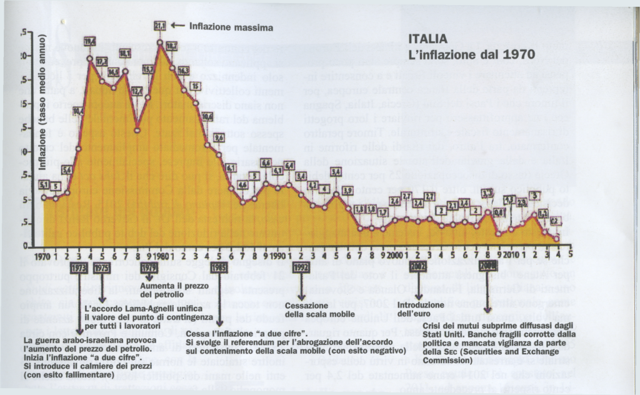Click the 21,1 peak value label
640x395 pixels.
[160, 26]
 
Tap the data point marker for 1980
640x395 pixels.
[160, 42]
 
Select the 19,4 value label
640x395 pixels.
[90, 42]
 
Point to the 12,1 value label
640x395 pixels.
[137, 91]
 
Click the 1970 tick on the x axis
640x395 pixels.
[42, 256]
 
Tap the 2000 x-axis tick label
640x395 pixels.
[394, 256]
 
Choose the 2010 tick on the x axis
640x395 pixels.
[511, 256]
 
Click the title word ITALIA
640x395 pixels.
[428, 39]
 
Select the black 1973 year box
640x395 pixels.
[78, 267]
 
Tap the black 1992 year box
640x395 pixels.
[301, 267]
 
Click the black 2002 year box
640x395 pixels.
[417, 267]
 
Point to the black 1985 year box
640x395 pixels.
[219, 267]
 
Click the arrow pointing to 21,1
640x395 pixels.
[176, 27]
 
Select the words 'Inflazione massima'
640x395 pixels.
[231, 27]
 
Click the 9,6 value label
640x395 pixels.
[219, 137]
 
